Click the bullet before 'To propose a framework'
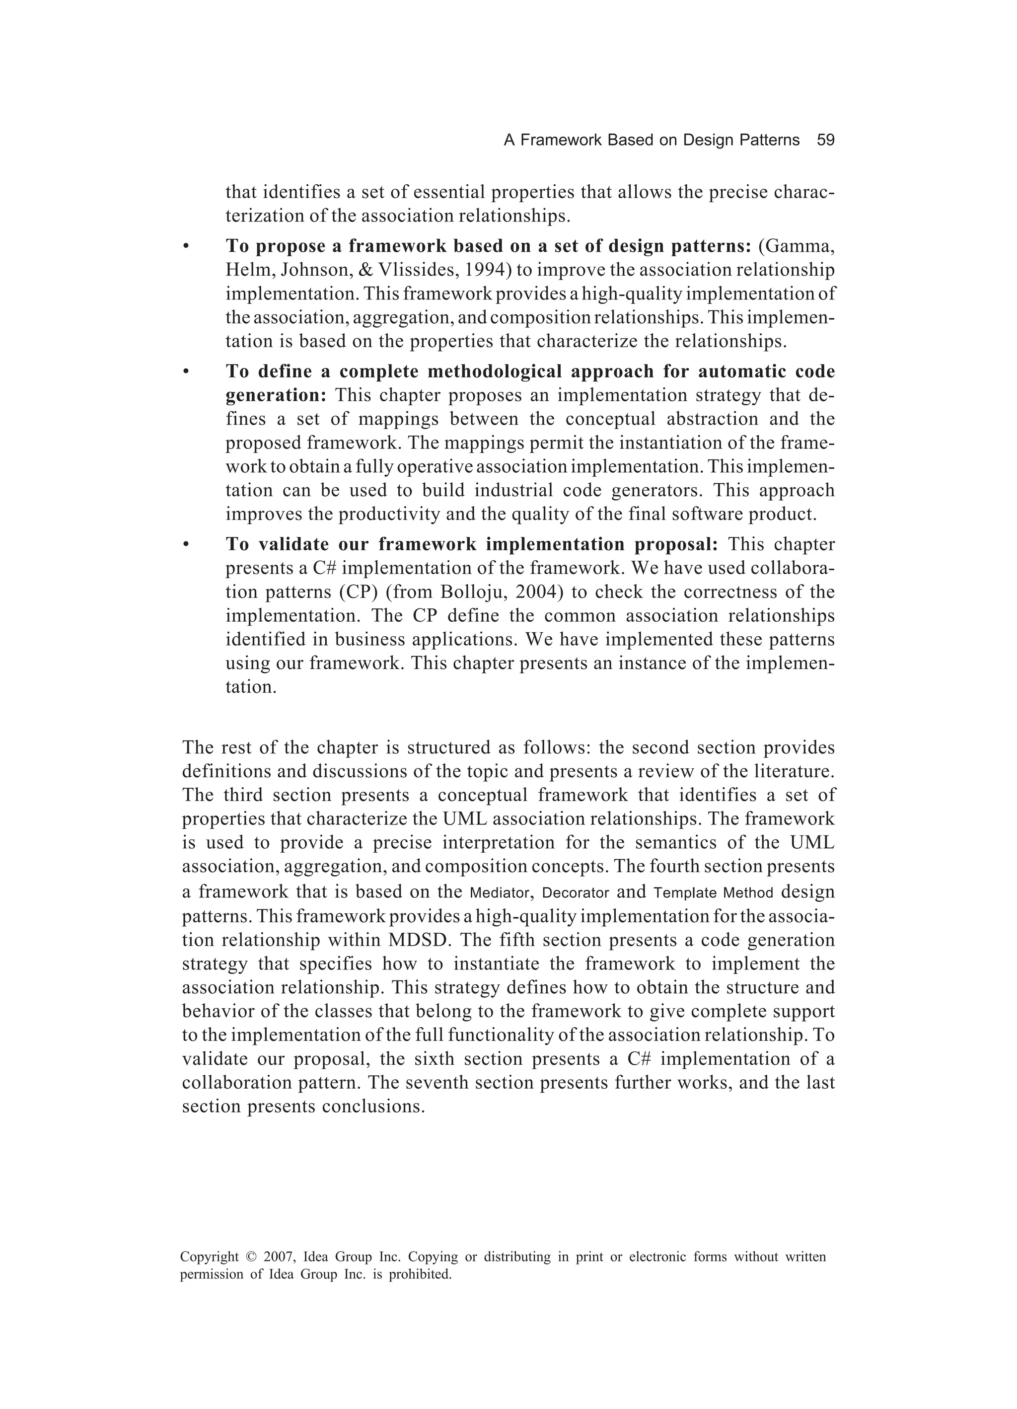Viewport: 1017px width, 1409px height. point(185,247)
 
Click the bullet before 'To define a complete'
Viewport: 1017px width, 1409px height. point(185,372)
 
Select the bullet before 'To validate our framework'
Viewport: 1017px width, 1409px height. point(185,545)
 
